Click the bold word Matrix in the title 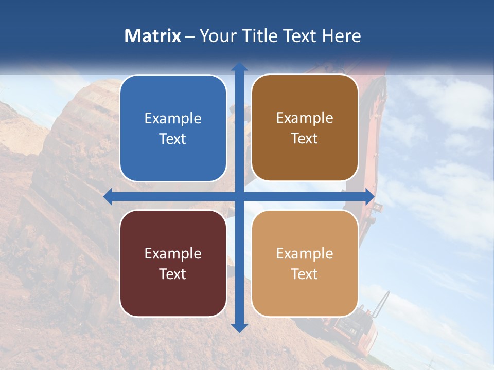coord(152,36)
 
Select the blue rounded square coord(173,128)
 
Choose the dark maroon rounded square coord(173,263)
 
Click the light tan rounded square coord(305,263)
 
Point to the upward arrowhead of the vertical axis coord(239,67)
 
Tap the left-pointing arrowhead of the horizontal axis coord(108,196)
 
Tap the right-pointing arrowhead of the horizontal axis coord(369,196)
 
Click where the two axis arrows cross coord(239,196)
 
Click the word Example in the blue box coord(173,118)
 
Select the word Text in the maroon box coord(173,274)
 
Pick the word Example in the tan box coord(305,253)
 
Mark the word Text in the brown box coord(305,138)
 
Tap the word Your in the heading coord(217,36)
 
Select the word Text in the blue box coord(173,139)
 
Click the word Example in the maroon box coord(173,253)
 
